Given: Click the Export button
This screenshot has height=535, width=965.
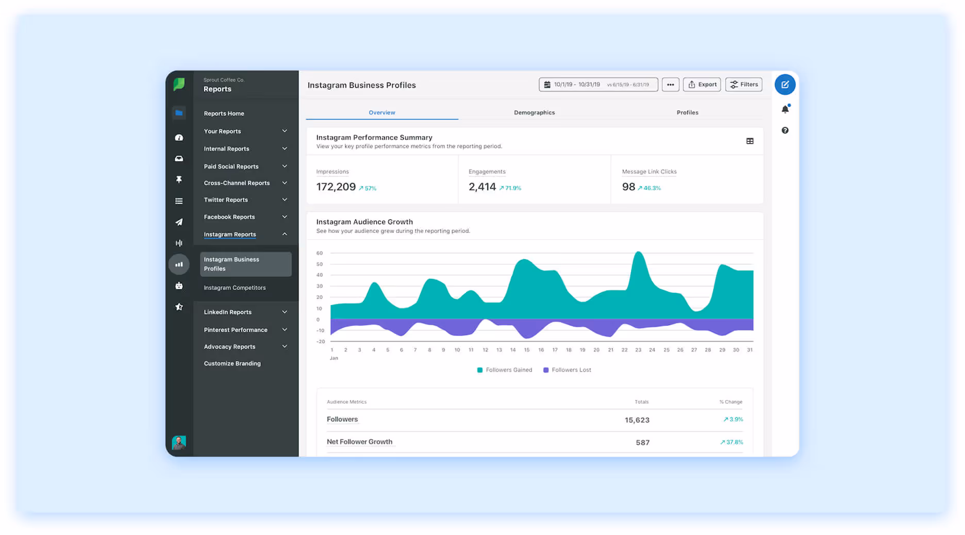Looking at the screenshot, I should tap(702, 85).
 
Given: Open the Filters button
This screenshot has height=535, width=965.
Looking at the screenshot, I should tap(743, 85).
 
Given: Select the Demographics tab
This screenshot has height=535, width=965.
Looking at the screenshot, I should tap(534, 112).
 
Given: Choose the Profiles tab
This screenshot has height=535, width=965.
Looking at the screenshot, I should tap(687, 112).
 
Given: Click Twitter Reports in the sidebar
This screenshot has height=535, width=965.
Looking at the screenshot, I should tap(226, 200).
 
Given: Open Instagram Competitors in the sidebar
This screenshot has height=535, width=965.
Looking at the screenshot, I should tap(235, 288).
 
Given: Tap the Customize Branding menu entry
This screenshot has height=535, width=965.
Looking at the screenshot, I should tap(232, 363).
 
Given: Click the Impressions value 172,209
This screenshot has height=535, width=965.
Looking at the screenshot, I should tap(336, 187).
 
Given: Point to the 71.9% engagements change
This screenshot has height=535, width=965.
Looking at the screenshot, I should tap(510, 188).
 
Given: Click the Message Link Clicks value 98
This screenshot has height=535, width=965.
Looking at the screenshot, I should tap(628, 187).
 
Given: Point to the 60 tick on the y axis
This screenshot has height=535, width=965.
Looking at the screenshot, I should tap(320, 253).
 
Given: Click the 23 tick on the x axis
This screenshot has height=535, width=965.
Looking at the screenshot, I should tap(638, 350).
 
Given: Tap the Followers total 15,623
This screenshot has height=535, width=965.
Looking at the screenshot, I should tap(637, 420).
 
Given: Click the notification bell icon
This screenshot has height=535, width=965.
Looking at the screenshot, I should tap(785, 109).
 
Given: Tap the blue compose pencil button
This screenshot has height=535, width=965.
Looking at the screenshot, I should tap(785, 85).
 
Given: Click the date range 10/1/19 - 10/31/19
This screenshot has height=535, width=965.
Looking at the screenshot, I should tap(577, 85).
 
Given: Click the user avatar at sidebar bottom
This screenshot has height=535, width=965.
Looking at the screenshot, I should tap(179, 442).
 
